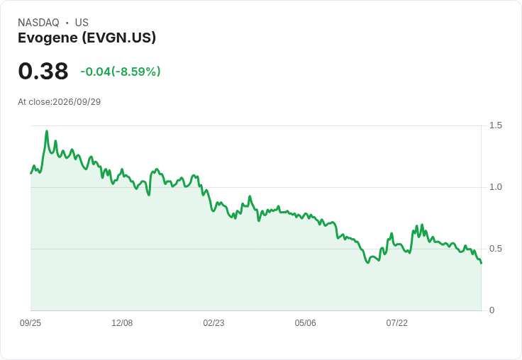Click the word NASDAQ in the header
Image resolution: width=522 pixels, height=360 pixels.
pyautogui.click(x=38, y=23)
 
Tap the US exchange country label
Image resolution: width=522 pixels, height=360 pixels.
pyautogui.click(x=82, y=23)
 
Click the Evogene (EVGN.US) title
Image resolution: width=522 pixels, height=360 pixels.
pyautogui.click(x=87, y=38)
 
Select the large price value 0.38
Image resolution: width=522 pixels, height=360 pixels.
pyautogui.click(x=43, y=71)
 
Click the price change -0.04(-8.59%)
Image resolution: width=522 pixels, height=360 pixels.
pyautogui.click(x=121, y=71)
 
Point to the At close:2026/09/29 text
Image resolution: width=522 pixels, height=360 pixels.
pyautogui.click(x=60, y=102)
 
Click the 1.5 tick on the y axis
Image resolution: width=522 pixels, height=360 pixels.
pyautogui.click(x=496, y=125)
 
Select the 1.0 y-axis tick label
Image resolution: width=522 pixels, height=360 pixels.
pyautogui.click(x=496, y=187)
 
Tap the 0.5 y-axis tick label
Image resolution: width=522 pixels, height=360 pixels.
pyautogui.click(x=496, y=249)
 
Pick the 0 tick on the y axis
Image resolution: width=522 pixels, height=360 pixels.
pyautogui.click(x=492, y=310)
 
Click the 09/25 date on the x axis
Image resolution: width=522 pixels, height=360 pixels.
pyautogui.click(x=30, y=322)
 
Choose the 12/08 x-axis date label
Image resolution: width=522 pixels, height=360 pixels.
pyautogui.click(x=122, y=322)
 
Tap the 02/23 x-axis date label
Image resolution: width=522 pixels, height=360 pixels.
pyautogui.click(x=213, y=322)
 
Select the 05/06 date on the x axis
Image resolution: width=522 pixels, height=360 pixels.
pyautogui.click(x=305, y=322)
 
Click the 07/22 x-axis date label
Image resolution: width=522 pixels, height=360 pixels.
pyautogui.click(x=397, y=322)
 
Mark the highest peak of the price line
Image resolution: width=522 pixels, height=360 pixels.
pyautogui.click(x=47, y=131)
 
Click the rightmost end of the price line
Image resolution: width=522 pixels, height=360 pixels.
pyautogui.click(x=481, y=263)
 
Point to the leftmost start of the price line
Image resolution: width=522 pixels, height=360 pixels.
pyautogui.click(x=31, y=174)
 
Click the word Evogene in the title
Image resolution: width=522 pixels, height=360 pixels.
pyautogui.click(x=48, y=38)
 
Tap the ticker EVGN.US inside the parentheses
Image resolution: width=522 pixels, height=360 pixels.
pyautogui.click(x=119, y=38)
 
